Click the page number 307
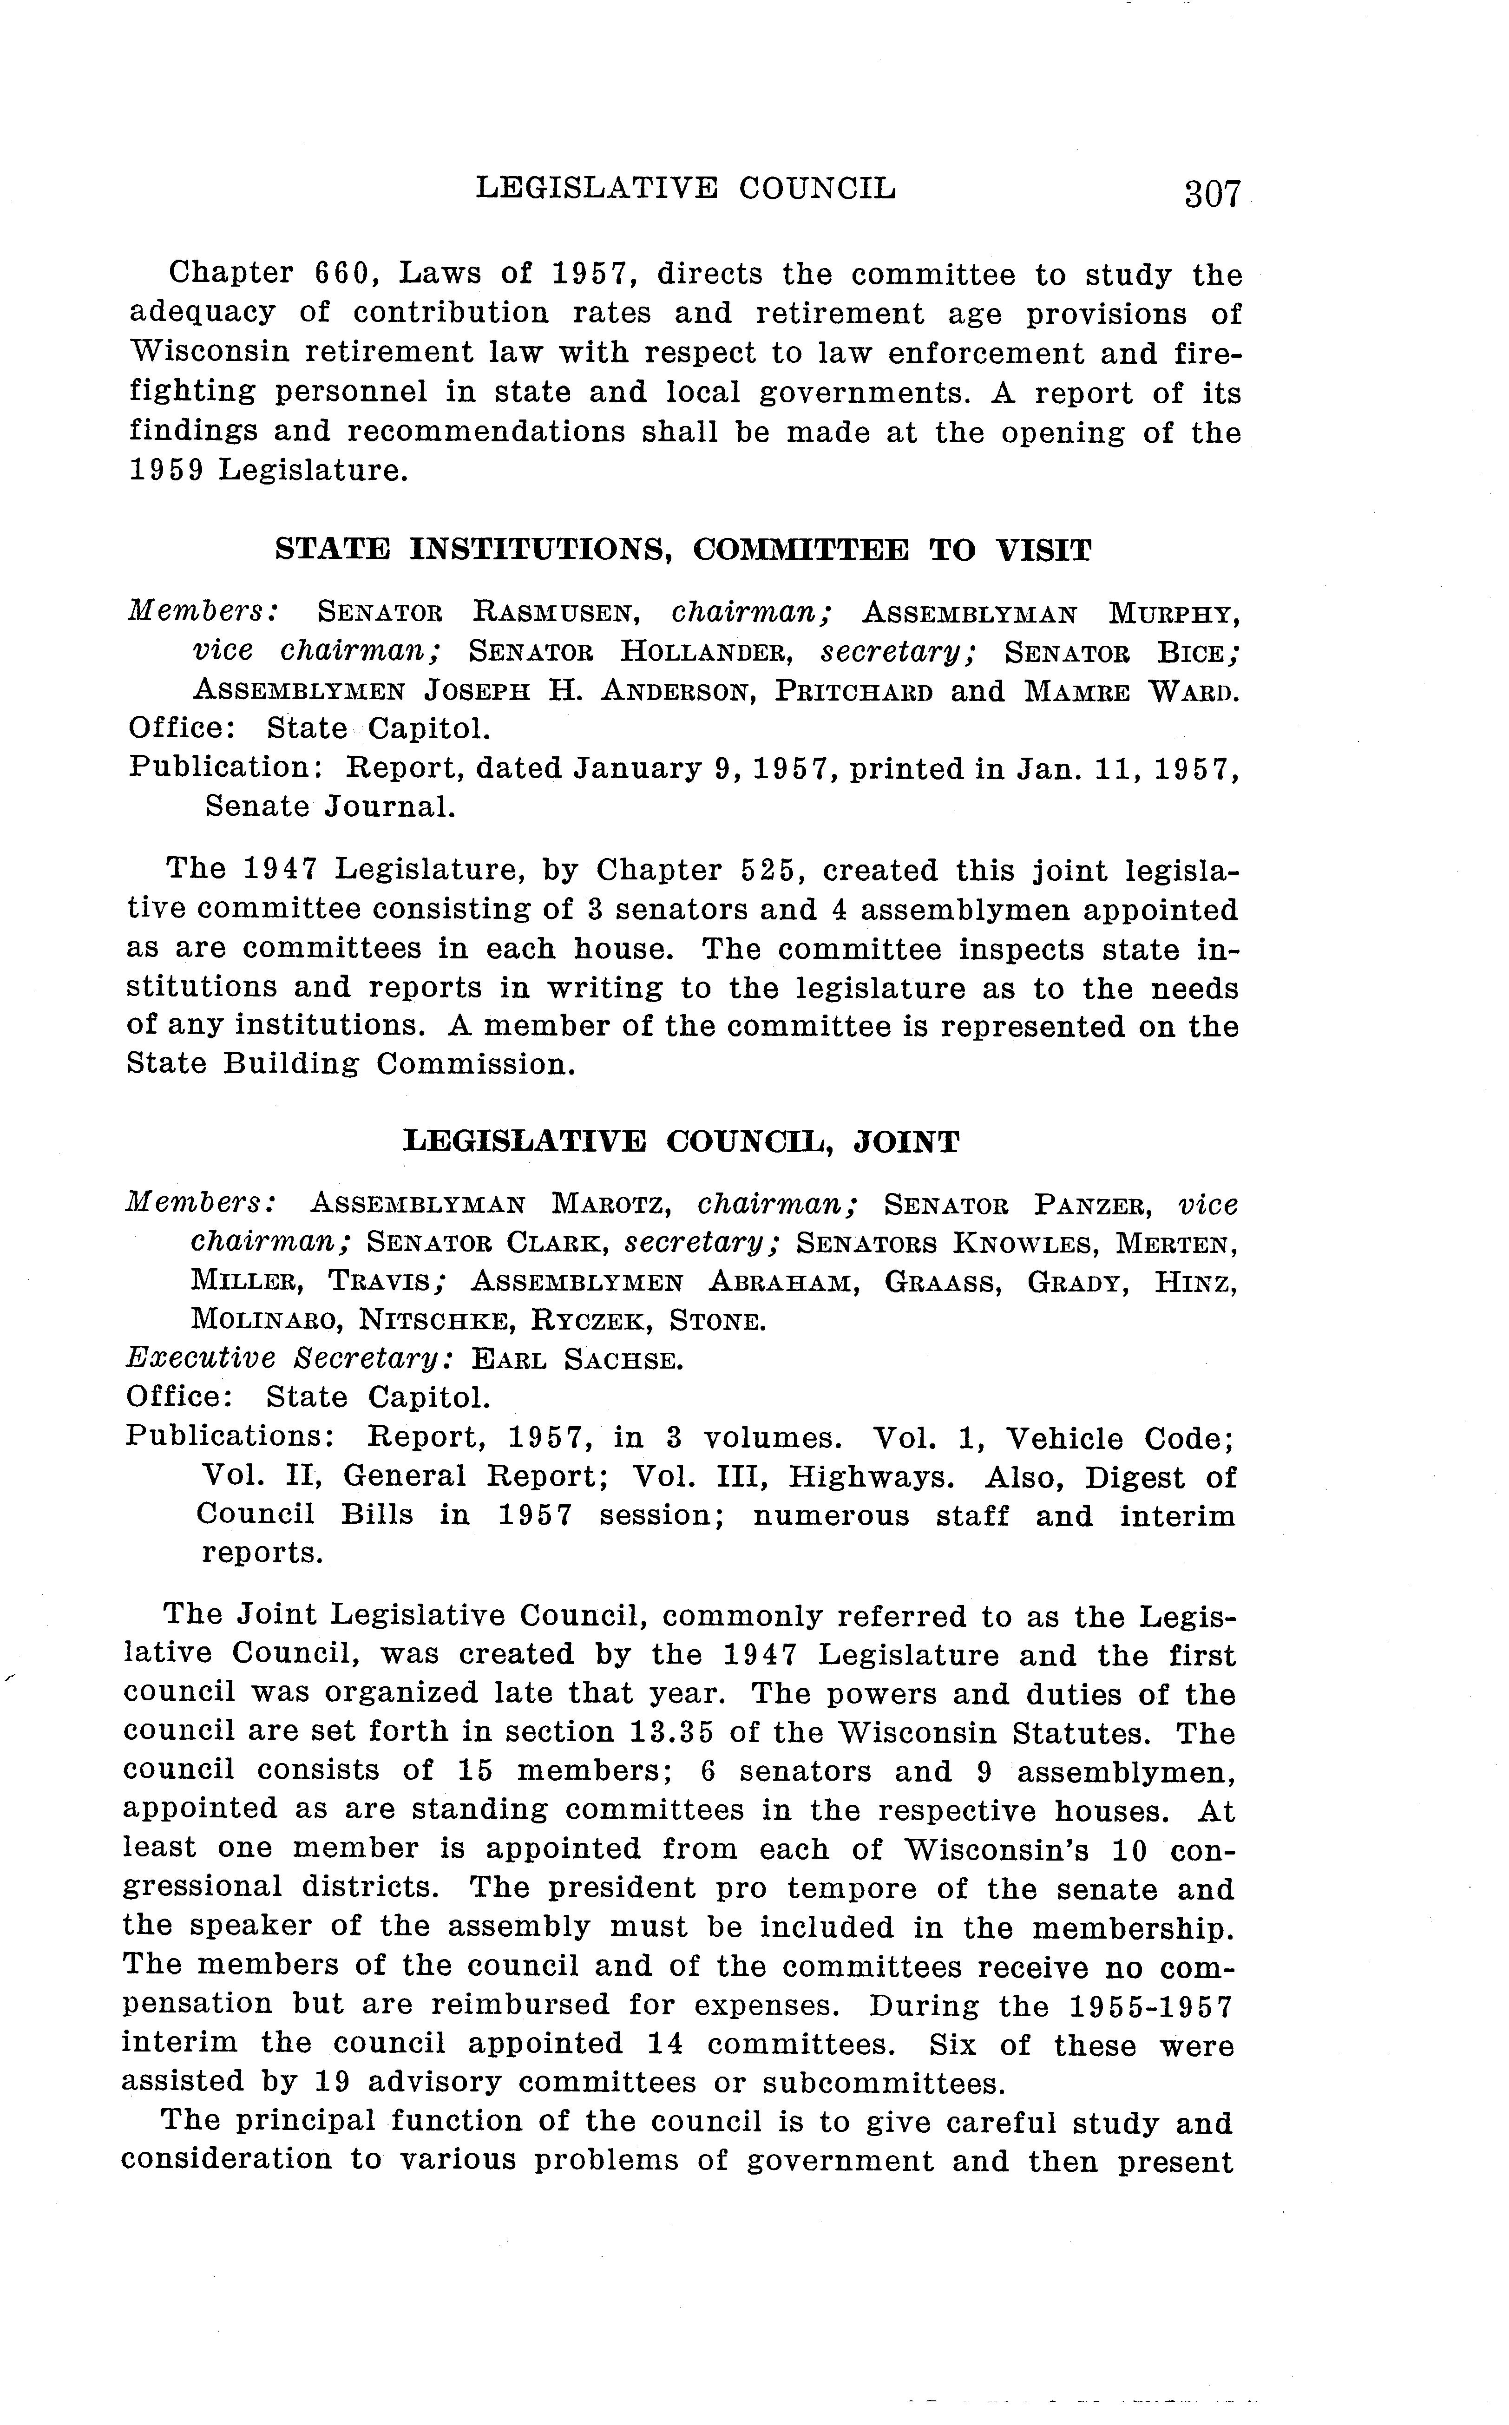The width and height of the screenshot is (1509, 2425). click(x=1212, y=193)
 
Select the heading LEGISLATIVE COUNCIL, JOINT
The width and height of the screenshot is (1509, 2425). click(x=681, y=1140)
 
